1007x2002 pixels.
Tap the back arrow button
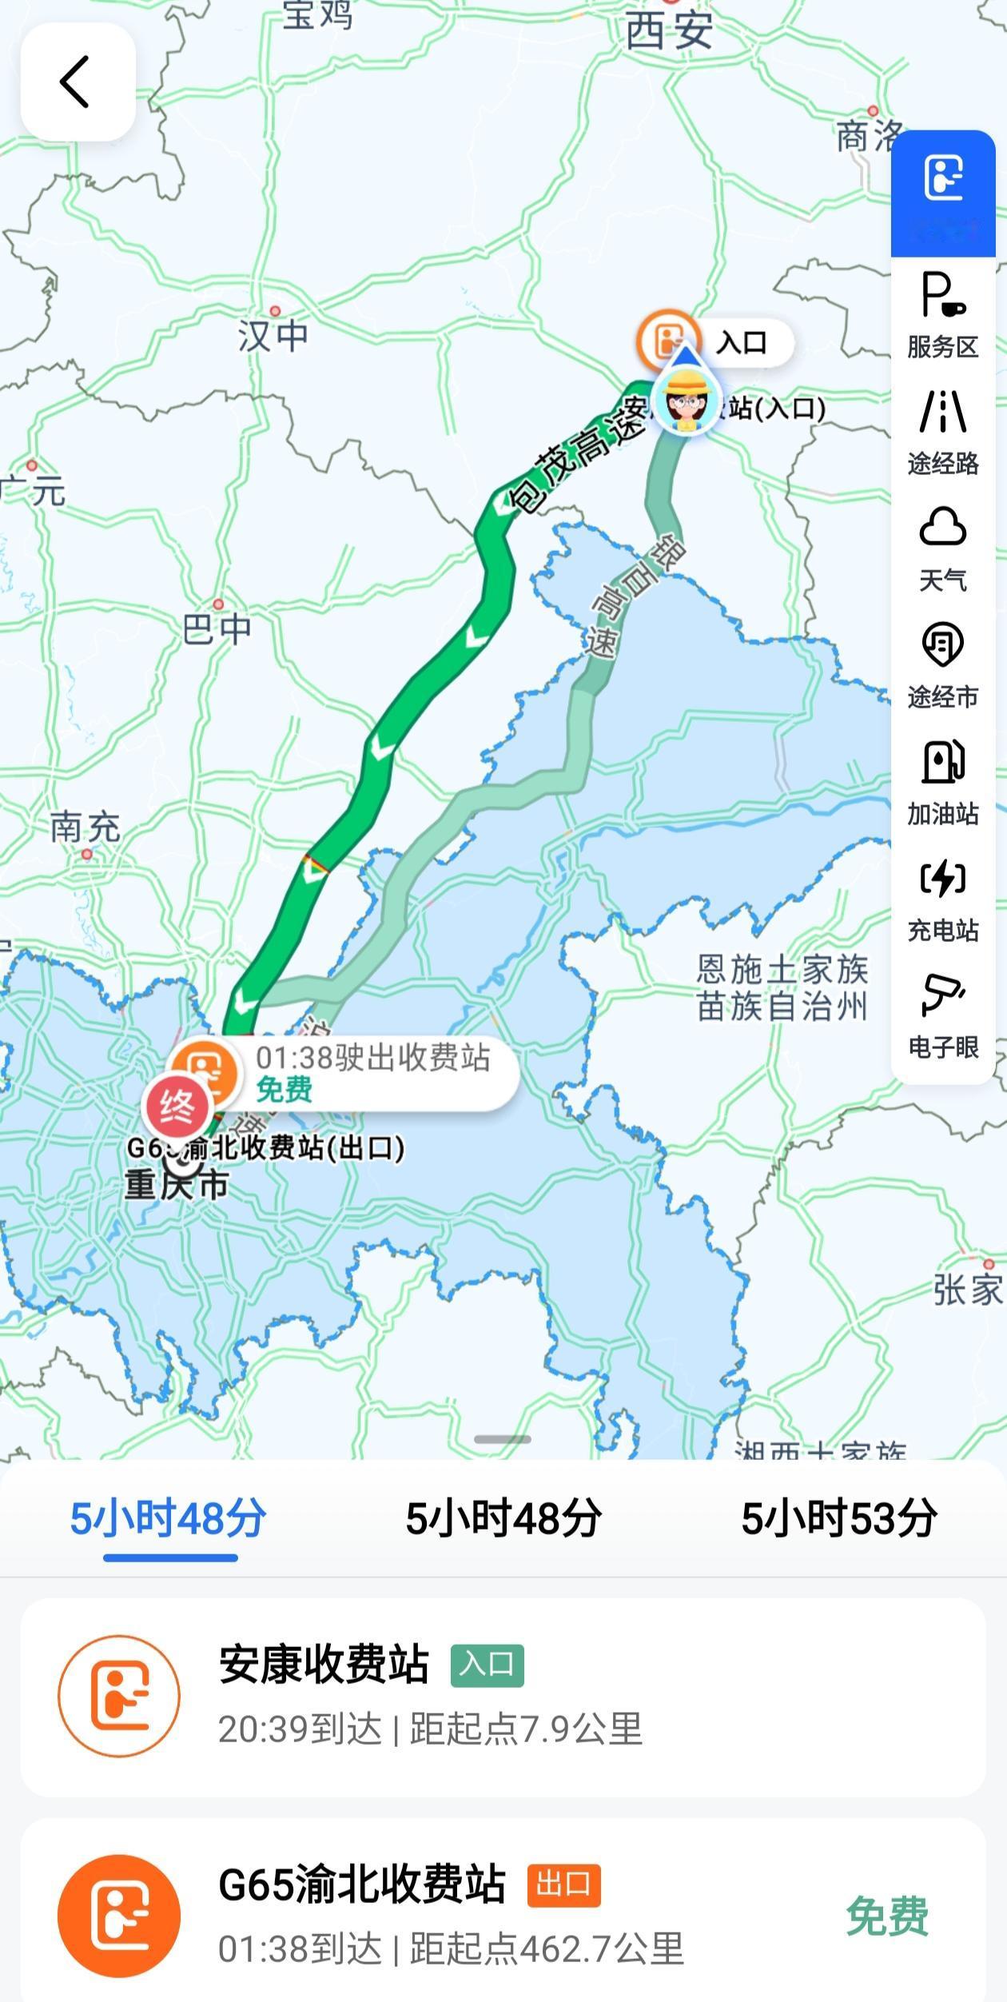click(x=77, y=82)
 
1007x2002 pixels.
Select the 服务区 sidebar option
click(x=943, y=315)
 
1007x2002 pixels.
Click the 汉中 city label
click(x=273, y=334)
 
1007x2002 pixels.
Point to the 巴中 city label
click(x=217, y=629)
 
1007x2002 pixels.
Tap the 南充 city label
click(x=85, y=827)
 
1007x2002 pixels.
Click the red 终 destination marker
click(x=176, y=1107)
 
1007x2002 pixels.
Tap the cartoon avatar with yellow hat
click(x=685, y=401)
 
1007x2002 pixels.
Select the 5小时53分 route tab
click(x=838, y=1518)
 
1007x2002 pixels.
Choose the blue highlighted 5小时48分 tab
click(x=168, y=1518)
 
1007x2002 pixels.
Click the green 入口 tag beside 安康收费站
click(x=487, y=1665)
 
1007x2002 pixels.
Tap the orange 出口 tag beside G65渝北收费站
click(x=563, y=1885)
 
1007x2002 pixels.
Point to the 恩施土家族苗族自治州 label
click(x=782, y=987)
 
